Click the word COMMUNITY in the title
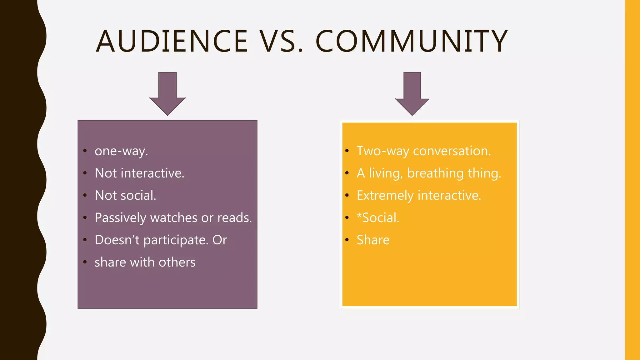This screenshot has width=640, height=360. point(412,41)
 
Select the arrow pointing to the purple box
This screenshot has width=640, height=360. point(167,94)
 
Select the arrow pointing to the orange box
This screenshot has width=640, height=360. point(412,94)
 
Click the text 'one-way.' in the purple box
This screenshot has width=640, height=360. point(121,151)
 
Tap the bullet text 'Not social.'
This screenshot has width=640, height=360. point(125,195)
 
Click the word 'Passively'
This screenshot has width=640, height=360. point(120,218)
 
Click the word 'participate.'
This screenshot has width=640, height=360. point(176,240)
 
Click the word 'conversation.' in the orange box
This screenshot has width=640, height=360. point(452,151)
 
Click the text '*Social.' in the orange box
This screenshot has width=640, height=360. point(378,218)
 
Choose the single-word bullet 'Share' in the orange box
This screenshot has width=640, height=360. point(373,240)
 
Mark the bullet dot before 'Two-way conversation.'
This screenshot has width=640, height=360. point(347,151)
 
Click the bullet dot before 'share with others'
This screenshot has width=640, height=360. point(85,262)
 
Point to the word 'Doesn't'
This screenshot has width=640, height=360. point(117,240)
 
